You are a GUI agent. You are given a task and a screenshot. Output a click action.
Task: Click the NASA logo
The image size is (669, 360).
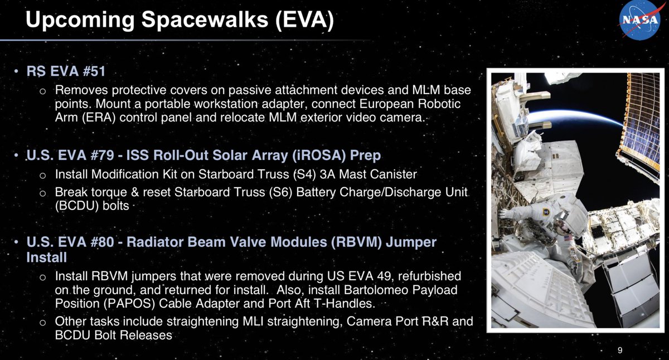[x=640, y=20]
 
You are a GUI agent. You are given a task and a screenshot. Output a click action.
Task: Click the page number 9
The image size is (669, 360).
[x=620, y=350]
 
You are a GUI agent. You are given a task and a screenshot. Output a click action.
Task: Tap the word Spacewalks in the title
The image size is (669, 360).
[x=205, y=20]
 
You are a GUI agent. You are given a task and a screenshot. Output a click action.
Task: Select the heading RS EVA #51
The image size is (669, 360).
[x=66, y=71]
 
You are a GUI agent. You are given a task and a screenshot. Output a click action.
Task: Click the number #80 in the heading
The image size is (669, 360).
[x=102, y=242]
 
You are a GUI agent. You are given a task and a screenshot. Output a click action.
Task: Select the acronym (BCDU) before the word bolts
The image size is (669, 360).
[x=76, y=206]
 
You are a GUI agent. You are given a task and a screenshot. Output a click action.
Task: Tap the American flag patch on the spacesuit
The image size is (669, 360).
[x=568, y=237]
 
